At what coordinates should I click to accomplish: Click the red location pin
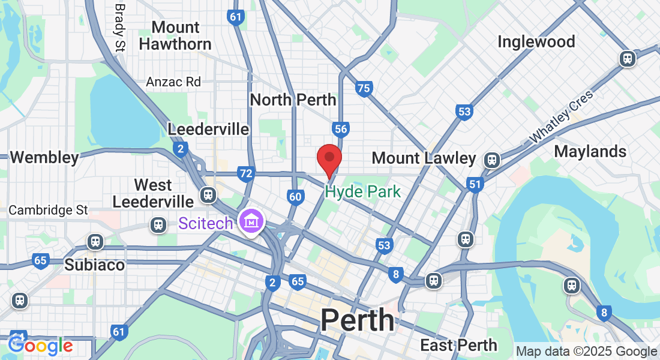[329, 159]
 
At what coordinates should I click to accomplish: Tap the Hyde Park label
[362, 192]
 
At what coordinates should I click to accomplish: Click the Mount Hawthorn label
[175, 35]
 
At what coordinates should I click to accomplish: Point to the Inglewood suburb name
[536, 41]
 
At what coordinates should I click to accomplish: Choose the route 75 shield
[364, 89]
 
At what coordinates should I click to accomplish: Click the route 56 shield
[341, 128]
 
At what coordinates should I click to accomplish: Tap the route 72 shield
[245, 174]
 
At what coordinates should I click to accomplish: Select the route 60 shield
[295, 196]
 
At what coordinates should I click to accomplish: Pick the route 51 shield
[475, 184]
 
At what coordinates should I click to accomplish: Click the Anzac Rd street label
[173, 82]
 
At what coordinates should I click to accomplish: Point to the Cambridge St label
[48, 211]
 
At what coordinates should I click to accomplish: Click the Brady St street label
[119, 26]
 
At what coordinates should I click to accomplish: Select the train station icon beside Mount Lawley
[492, 160]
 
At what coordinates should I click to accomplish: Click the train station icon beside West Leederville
[208, 195]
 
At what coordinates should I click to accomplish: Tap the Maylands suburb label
[590, 151]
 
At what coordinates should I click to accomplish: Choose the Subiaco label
[94, 265]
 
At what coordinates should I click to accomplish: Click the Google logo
[40, 346]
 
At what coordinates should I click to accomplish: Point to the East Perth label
[458, 345]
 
